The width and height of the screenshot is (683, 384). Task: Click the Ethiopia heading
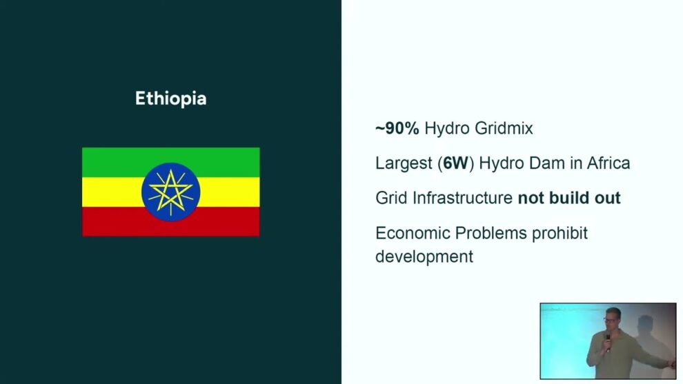click(x=171, y=99)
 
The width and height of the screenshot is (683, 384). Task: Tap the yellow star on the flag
click(x=171, y=192)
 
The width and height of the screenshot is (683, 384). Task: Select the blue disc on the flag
click(x=171, y=192)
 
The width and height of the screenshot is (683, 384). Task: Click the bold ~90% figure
click(x=397, y=128)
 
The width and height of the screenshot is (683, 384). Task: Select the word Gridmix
click(x=504, y=128)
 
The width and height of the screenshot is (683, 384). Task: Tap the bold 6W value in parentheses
click(x=455, y=163)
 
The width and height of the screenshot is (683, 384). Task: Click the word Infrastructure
click(x=462, y=198)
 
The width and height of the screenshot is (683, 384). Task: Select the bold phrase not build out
click(x=569, y=198)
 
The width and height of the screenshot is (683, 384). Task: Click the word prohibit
click(x=560, y=233)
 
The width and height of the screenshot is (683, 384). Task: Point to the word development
click(x=424, y=257)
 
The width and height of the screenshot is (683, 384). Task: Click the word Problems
click(x=491, y=233)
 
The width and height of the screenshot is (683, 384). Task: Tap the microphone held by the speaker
click(x=608, y=342)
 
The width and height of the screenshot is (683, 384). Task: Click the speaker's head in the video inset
click(x=612, y=317)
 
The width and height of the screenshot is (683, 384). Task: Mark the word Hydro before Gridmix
click(x=447, y=128)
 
